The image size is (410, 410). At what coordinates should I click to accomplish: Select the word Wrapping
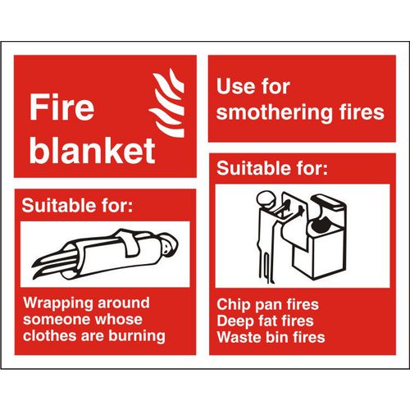point(55,303)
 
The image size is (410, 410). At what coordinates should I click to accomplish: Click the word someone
point(58,319)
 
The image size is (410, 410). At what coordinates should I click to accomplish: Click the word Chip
point(233,304)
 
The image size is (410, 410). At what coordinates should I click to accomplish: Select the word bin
point(278,337)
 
